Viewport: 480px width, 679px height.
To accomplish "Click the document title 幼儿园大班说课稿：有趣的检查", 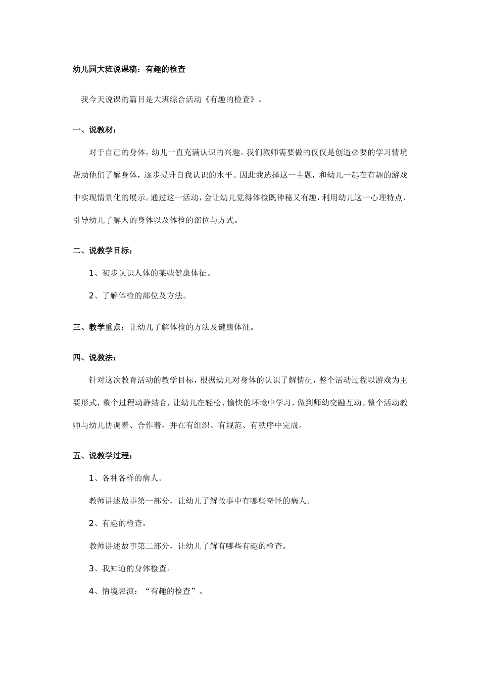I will click(x=129, y=69).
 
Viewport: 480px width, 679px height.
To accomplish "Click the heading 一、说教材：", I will click(x=94, y=130).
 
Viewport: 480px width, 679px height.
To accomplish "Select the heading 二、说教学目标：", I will click(x=103, y=250).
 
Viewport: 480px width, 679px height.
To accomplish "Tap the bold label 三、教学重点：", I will click(x=99, y=327).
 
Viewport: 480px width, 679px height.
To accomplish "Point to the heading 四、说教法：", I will click(x=94, y=358).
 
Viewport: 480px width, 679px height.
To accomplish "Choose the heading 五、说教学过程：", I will click(x=103, y=456).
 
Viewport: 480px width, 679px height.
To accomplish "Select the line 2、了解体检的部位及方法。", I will click(x=138, y=296).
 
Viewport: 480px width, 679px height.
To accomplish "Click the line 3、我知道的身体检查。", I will click(x=130, y=568).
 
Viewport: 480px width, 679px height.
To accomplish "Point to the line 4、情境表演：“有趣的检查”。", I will click(x=146, y=591).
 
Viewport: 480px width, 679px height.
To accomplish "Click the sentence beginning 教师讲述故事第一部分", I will click(x=200, y=501).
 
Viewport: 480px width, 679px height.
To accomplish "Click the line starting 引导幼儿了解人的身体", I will click(x=156, y=220).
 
